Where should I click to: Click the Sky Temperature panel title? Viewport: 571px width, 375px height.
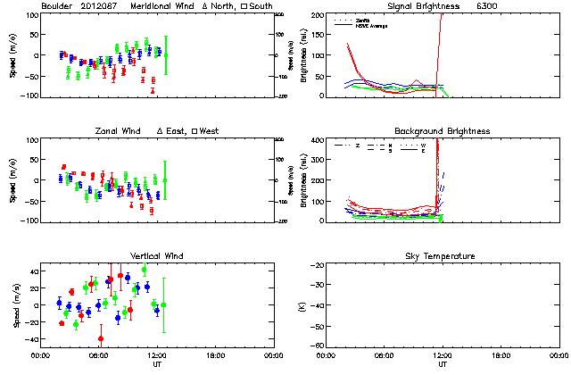point(443,256)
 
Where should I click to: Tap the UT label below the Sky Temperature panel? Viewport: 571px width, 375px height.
point(443,364)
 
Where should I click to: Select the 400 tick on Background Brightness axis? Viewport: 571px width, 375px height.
point(315,140)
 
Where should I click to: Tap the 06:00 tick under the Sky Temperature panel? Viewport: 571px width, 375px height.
point(385,355)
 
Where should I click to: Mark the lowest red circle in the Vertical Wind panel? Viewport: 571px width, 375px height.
point(101,338)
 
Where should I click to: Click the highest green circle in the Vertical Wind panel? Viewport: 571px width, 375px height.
point(144,270)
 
